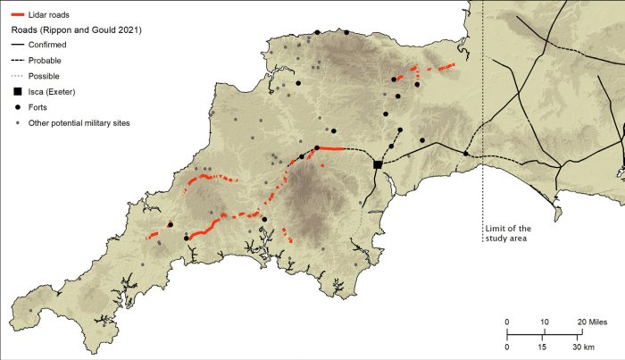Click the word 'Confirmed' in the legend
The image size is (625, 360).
[x=50, y=44]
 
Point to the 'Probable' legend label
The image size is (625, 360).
[x=46, y=60]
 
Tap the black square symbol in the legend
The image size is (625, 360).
[x=16, y=91]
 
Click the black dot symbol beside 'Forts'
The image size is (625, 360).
[x=16, y=106]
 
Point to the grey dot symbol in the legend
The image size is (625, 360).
[x=16, y=122]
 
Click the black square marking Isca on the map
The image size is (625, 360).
[x=378, y=164]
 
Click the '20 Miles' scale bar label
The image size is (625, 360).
[x=593, y=322]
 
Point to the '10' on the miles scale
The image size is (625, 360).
[x=544, y=322]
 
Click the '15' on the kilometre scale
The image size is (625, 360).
[x=544, y=347]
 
